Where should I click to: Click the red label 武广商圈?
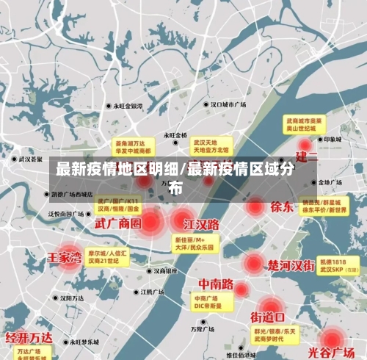pyautogui.click(x=117, y=223)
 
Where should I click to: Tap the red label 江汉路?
pyautogui.click(x=202, y=223)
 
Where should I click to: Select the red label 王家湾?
pyautogui.click(x=65, y=258)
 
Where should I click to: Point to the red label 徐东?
pyautogui.click(x=282, y=206)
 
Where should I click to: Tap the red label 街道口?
pyautogui.click(x=268, y=317)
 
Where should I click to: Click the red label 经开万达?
pyautogui.click(x=29, y=338)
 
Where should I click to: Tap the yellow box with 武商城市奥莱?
pyautogui.click(x=305, y=123)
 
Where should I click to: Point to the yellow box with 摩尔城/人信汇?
pyautogui.click(x=108, y=256)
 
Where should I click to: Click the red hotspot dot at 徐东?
pyautogui.click(x=255, y=206)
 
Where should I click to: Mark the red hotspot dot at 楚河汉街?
pyautogui.click(x=253, y=263)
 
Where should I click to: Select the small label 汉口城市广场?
pyautogui.click(x=228, y=105)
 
